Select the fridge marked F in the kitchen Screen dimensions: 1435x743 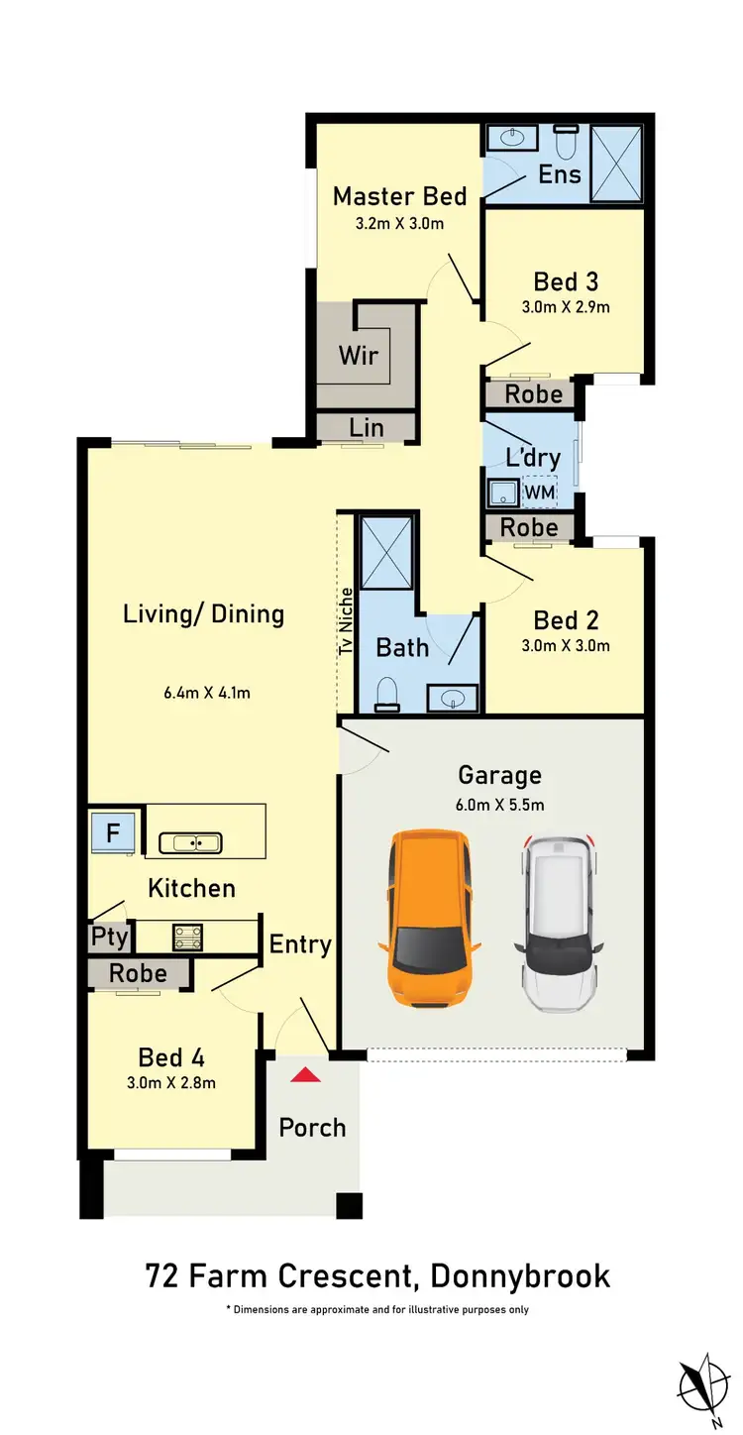pos(113,833)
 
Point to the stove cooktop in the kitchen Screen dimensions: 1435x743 pos(187,936)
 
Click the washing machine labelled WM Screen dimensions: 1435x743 pos(540,491)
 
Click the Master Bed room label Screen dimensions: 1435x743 pos(399,195)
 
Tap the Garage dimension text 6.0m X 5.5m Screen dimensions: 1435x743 pos(499,805)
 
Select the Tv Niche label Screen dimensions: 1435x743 pos(346,621)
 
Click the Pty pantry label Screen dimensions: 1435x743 pos(110,937)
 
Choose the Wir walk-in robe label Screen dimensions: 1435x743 pos(359,354)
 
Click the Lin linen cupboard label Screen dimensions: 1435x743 pos(366,427)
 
